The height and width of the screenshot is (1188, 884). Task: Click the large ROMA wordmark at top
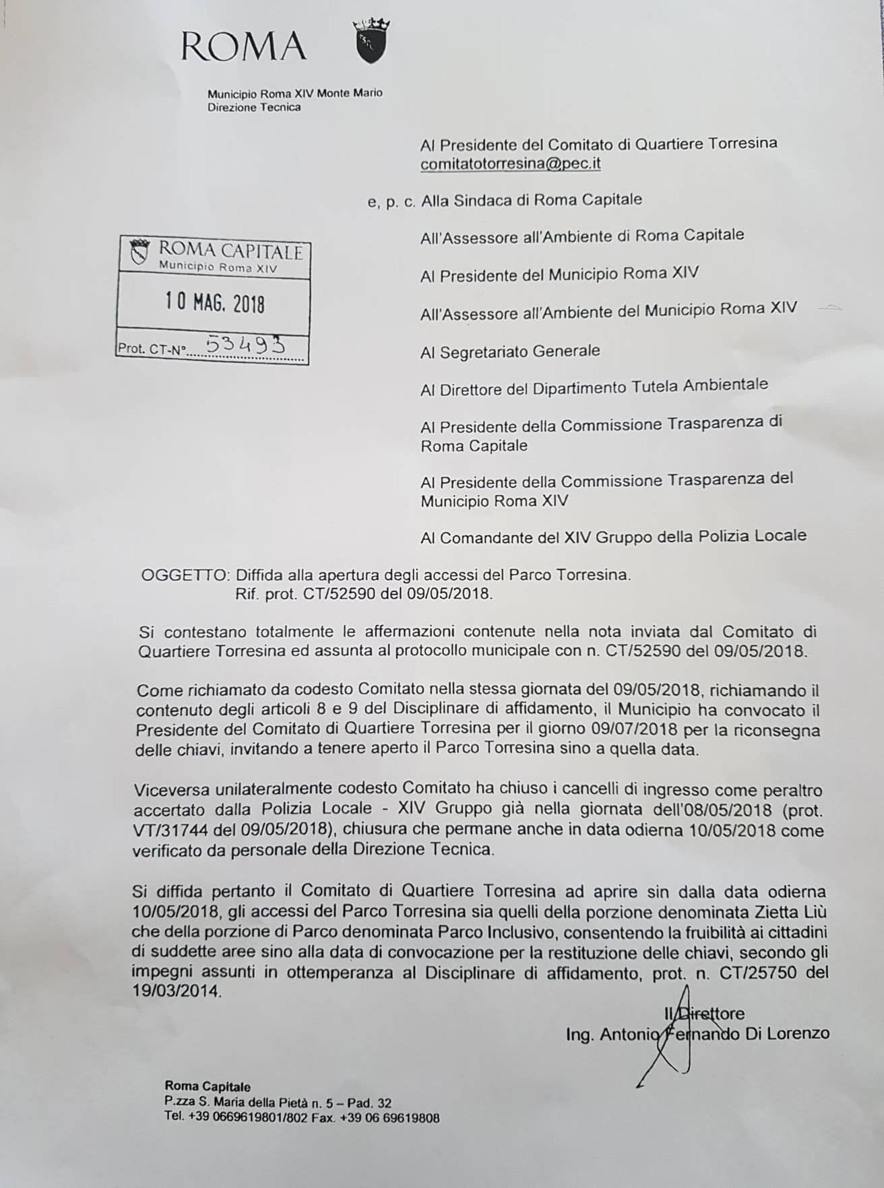pyautogui.click(x=243, y=46)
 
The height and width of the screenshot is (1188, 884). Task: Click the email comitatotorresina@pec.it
pyautogui.click(x=510, y=164)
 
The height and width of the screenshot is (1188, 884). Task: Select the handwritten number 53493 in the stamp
pyautogui.click(x=245, y=345)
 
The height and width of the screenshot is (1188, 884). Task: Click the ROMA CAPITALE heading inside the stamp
pyautogui.click(x=230, y=251)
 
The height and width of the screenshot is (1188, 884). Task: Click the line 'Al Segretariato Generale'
pyautogui.click(x=509, y=352)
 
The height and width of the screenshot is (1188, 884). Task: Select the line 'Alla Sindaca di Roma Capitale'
pyautogui.click(x=531, y=200)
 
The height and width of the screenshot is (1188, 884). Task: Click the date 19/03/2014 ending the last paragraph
pyautogui.click(x=177, y=992)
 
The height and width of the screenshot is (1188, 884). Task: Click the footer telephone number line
pyautogui.click(x=302, y=1117)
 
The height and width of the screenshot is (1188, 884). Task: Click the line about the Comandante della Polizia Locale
pyautogui.click(x=613, y=537)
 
